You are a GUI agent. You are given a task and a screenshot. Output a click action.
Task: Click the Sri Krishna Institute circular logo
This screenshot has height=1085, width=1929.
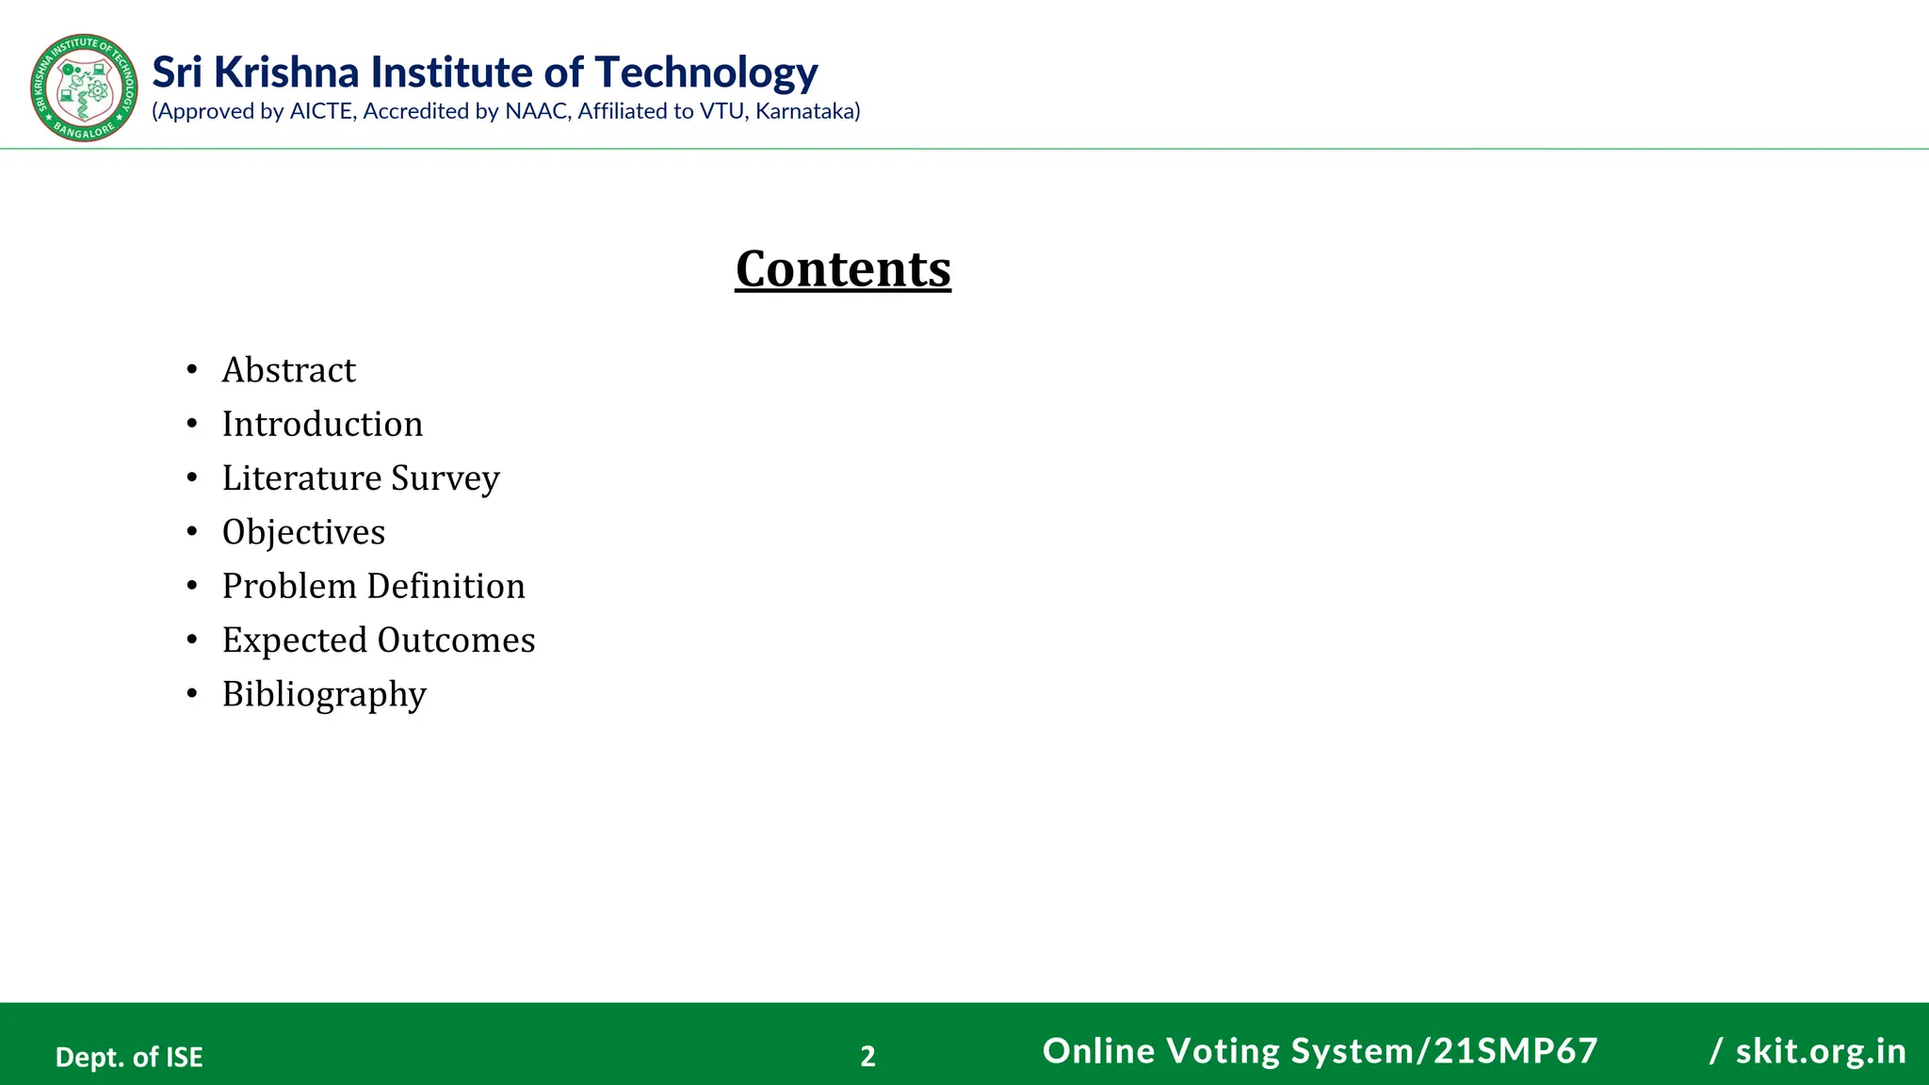84,88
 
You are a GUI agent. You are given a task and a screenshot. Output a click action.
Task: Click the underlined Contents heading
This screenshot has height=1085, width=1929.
843,268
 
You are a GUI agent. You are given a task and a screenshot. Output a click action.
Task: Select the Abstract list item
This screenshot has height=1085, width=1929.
288,370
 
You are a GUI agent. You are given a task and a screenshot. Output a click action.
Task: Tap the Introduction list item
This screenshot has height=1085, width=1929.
322,424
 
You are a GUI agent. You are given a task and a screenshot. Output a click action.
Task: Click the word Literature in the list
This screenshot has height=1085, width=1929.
301,478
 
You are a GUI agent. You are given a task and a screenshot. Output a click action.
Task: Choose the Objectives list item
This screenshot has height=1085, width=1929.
303,532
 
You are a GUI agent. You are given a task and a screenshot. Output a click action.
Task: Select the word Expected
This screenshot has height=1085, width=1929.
294,640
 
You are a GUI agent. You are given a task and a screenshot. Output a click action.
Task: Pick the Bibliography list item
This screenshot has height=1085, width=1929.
324,695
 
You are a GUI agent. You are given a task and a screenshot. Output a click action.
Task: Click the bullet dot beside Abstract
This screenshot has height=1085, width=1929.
192,369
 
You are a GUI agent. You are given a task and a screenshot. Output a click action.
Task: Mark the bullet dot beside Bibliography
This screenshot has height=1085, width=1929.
192,694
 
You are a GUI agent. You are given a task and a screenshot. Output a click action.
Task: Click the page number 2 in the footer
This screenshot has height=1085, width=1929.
867,1056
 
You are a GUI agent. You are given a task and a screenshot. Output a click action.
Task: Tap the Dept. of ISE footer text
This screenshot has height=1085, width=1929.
129,1057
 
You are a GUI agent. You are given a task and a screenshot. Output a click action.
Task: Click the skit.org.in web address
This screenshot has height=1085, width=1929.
1821,1051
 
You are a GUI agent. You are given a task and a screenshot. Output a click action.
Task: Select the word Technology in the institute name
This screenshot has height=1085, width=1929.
706,73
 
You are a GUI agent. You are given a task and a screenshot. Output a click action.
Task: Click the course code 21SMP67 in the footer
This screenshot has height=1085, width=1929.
1516,1051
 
